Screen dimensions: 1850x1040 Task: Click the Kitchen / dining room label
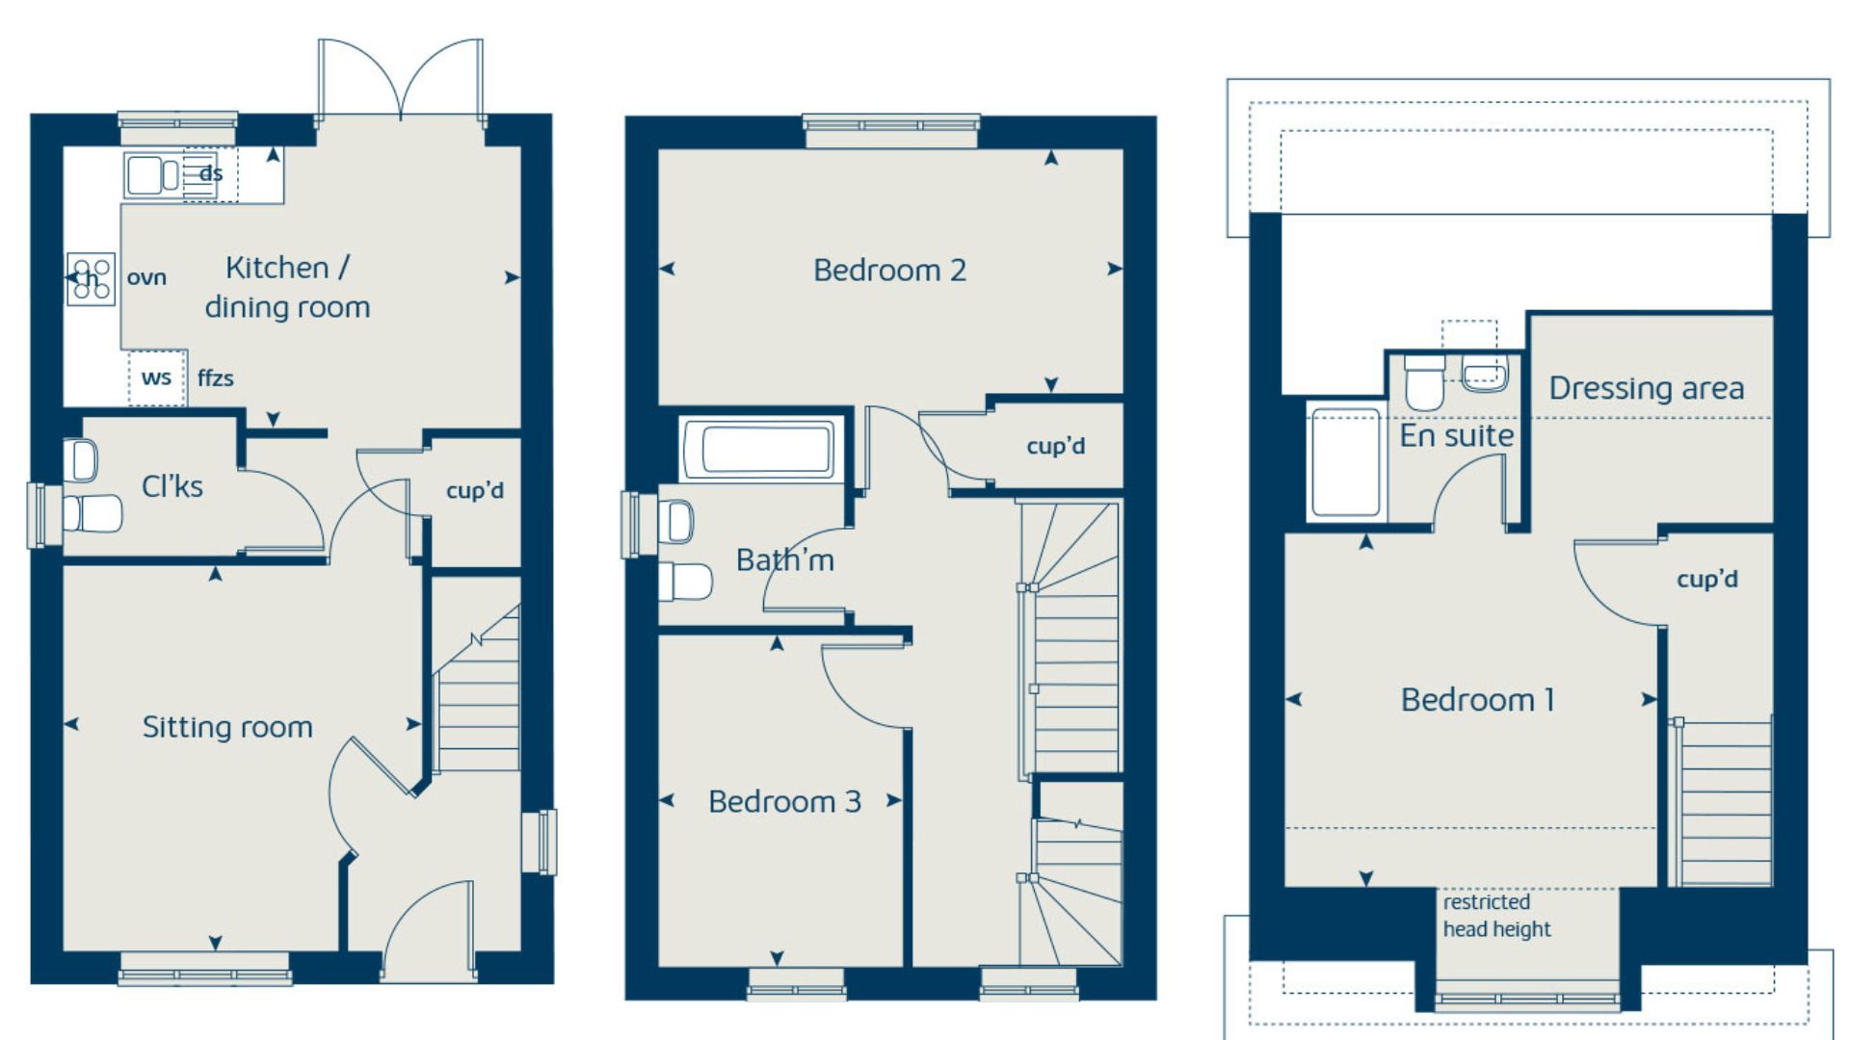[x=287, y=287]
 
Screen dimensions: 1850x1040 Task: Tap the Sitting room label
[x=227, y=727]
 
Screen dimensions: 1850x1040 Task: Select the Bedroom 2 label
[x=889, y=271]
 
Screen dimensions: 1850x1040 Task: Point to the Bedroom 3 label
[x=784, y=802]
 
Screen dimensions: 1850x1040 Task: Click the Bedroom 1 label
[x=1477, y=700]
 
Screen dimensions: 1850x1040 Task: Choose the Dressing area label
[x=1646, y=388]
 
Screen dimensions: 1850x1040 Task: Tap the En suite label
[x=1456, y=436]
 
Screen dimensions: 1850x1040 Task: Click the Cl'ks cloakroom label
[x=172, y=486]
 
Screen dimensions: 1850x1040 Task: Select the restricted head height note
[x=1496, y=916]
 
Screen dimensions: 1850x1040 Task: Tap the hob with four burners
[x=91, y=279]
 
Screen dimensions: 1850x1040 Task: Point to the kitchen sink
[x=152, y=175]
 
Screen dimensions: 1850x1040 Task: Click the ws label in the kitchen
[x=156, y=378]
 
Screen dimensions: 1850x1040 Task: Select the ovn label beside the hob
[x=146, y=278]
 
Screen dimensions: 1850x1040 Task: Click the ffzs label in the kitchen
[x=215, y=378]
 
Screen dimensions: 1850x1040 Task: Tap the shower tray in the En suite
[x=1346, y=462]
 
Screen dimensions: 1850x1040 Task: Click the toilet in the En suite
[x=1425, y=381]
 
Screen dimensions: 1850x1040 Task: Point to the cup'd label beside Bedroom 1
[x=1707, y=580]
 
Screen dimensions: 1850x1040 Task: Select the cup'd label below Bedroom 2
[x=1056, y=447]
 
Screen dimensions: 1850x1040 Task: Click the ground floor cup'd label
[x=475, y=491]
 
